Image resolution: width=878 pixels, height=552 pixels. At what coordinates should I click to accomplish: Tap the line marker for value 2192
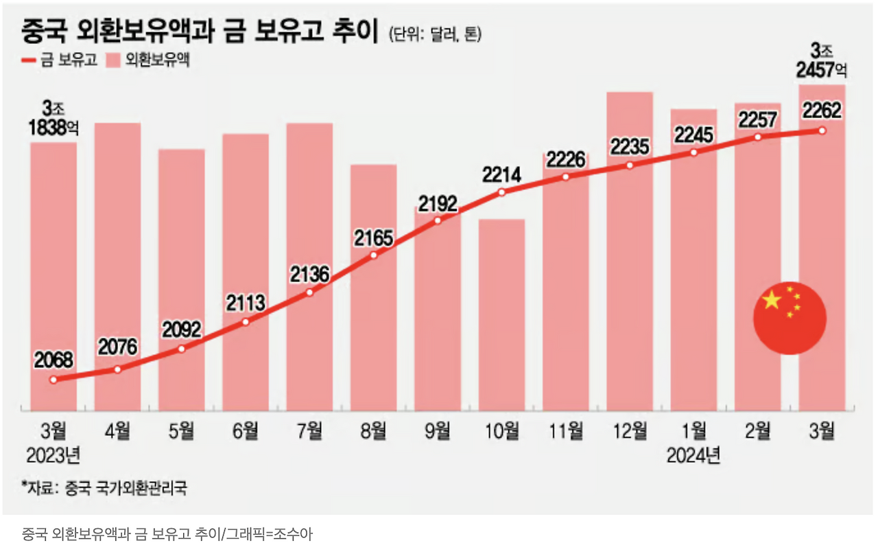click(438, 220)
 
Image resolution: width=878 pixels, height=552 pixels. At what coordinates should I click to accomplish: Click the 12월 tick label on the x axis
click(630, 431)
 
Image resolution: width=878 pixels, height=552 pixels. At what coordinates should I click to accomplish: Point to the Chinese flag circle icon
click(790, 318)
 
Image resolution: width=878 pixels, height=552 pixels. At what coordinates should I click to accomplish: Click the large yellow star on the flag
click(772, 300)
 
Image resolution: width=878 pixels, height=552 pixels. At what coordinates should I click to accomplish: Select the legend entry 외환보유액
click(150, 60)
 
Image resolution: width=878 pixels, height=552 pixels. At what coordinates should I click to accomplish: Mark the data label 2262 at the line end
click(822, 111)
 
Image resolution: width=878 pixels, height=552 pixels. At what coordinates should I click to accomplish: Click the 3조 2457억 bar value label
click(822, 60)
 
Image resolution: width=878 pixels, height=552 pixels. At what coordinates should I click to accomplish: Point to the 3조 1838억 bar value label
click(54, 118)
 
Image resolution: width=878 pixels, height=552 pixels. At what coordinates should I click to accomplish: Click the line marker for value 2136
click(309, 292)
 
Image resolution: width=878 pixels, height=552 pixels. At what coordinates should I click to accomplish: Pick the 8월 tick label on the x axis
click(374, 431)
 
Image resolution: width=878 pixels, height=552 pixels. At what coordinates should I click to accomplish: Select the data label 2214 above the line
click(501, 174)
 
